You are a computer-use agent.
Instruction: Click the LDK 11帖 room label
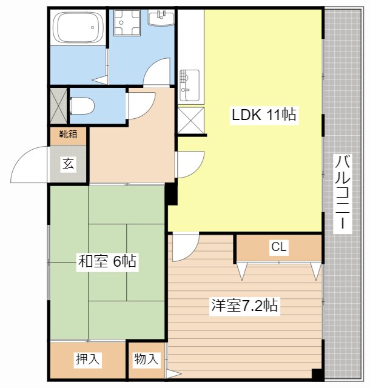coord(264,115)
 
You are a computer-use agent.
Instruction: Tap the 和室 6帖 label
coord(107,261)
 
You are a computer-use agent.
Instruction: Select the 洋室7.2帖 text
coord(244,306)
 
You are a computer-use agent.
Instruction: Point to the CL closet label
coord(279,247)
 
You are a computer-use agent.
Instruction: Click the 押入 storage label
coord(88,359)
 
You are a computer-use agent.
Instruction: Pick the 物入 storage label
coord(146,359)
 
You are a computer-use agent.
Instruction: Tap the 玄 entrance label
coord(68,164)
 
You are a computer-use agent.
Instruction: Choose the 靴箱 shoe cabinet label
coord(68,134)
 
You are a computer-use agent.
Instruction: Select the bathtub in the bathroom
coord(79,27)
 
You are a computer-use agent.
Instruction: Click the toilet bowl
coord(82,105)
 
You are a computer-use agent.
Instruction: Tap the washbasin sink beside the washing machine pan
coord(161,18)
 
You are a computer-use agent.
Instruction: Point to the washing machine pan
coord(127,23)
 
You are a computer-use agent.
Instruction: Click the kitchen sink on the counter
coord(189,85)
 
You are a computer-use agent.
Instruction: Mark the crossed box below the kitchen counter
coord(190,121)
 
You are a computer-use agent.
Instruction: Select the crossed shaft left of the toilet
coord(58,106)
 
